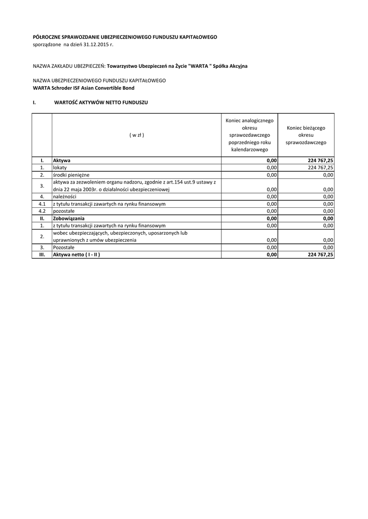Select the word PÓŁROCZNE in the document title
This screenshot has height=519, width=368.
pos(47,37)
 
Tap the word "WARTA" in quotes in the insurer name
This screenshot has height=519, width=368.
pos(198,66)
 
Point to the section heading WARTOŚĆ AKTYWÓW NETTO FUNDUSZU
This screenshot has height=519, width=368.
pos(101,102)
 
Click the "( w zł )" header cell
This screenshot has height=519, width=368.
pos(137,135)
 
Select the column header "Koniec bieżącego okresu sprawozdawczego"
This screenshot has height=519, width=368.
pos(306,135)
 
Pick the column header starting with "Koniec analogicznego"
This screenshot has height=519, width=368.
pos(249,135)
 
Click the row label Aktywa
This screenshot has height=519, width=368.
pos(62,160)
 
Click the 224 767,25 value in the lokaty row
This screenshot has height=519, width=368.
pos(320,167)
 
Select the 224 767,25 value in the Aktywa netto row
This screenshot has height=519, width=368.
pos(320,255)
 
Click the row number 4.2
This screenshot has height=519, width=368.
pos(42,211)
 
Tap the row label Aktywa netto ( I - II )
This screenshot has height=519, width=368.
pos(77,255)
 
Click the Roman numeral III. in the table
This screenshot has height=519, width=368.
pos(42,255)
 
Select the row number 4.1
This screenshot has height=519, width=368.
pos(42,204)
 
